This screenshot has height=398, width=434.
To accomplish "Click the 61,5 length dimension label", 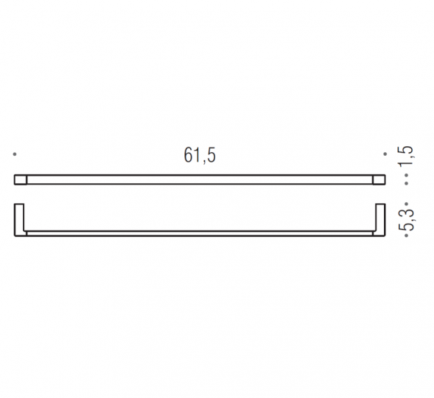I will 200,156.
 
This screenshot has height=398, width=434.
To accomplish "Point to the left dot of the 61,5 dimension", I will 15,154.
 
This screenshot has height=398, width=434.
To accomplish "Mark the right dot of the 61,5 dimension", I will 385,154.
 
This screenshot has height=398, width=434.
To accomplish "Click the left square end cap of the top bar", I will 21,179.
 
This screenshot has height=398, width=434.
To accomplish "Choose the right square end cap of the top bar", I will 379,179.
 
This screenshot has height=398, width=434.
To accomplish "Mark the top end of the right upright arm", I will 382,203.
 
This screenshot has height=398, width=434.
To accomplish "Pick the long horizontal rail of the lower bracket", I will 200,234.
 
